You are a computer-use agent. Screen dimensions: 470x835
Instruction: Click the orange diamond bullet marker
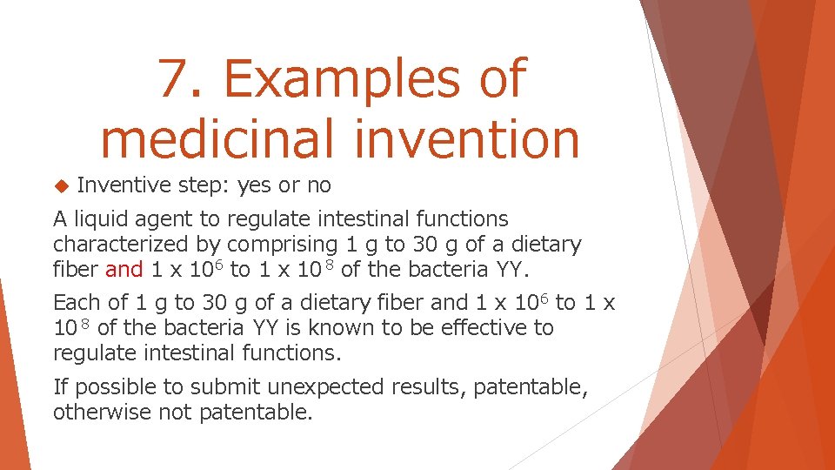60,185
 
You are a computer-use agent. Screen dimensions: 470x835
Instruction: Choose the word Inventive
124,185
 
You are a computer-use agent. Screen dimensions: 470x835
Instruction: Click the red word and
124,269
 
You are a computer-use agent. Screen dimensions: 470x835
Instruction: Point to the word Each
77,303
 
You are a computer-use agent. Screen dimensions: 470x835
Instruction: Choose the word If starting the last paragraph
61,386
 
